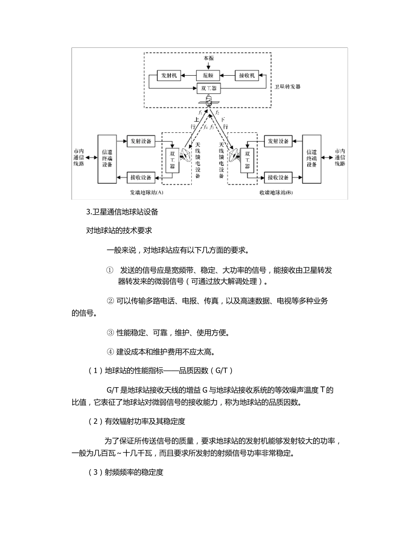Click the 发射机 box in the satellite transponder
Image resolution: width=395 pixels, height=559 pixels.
point(169,76)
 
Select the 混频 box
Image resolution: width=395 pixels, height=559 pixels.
point(208,76)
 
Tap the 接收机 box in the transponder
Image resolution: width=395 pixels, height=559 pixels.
point(247,76)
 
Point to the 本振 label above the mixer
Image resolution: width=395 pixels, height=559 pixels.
point(208,59)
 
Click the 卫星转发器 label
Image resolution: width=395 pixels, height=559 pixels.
point(288,87)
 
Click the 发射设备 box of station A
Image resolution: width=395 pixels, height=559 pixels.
point(141,141)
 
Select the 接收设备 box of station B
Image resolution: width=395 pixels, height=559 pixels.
point(278,178)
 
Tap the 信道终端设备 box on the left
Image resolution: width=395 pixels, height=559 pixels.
point(107,159)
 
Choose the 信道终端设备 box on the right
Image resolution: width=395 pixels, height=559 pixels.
point(312,159)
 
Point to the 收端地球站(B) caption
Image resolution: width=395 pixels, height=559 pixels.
point(276,193)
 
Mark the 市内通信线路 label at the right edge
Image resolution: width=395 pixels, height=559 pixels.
point(340,158)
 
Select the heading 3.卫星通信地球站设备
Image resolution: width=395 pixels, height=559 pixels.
point(122,212)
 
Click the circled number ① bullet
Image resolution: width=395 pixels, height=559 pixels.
point(110,270)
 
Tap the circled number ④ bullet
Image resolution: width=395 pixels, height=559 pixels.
point(110,352)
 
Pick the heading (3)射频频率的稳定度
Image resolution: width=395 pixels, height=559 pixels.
point(126,472)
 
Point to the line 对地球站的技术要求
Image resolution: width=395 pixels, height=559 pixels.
point(119,230)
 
